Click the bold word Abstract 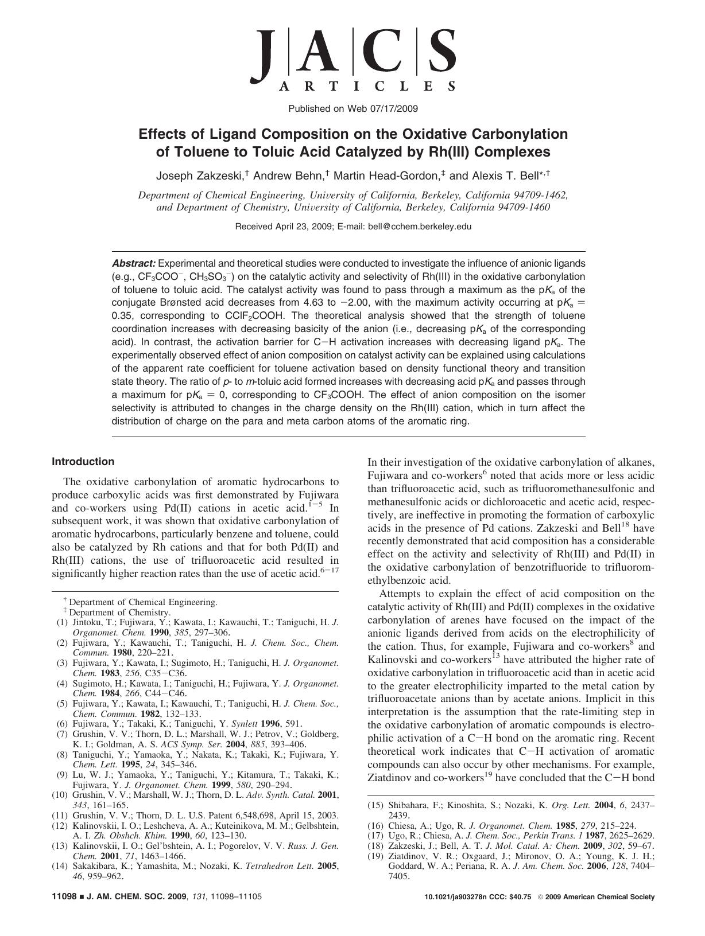click(x=133, y=263)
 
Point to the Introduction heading click(x=83, y=462)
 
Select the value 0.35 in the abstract click(x=122, y=316)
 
